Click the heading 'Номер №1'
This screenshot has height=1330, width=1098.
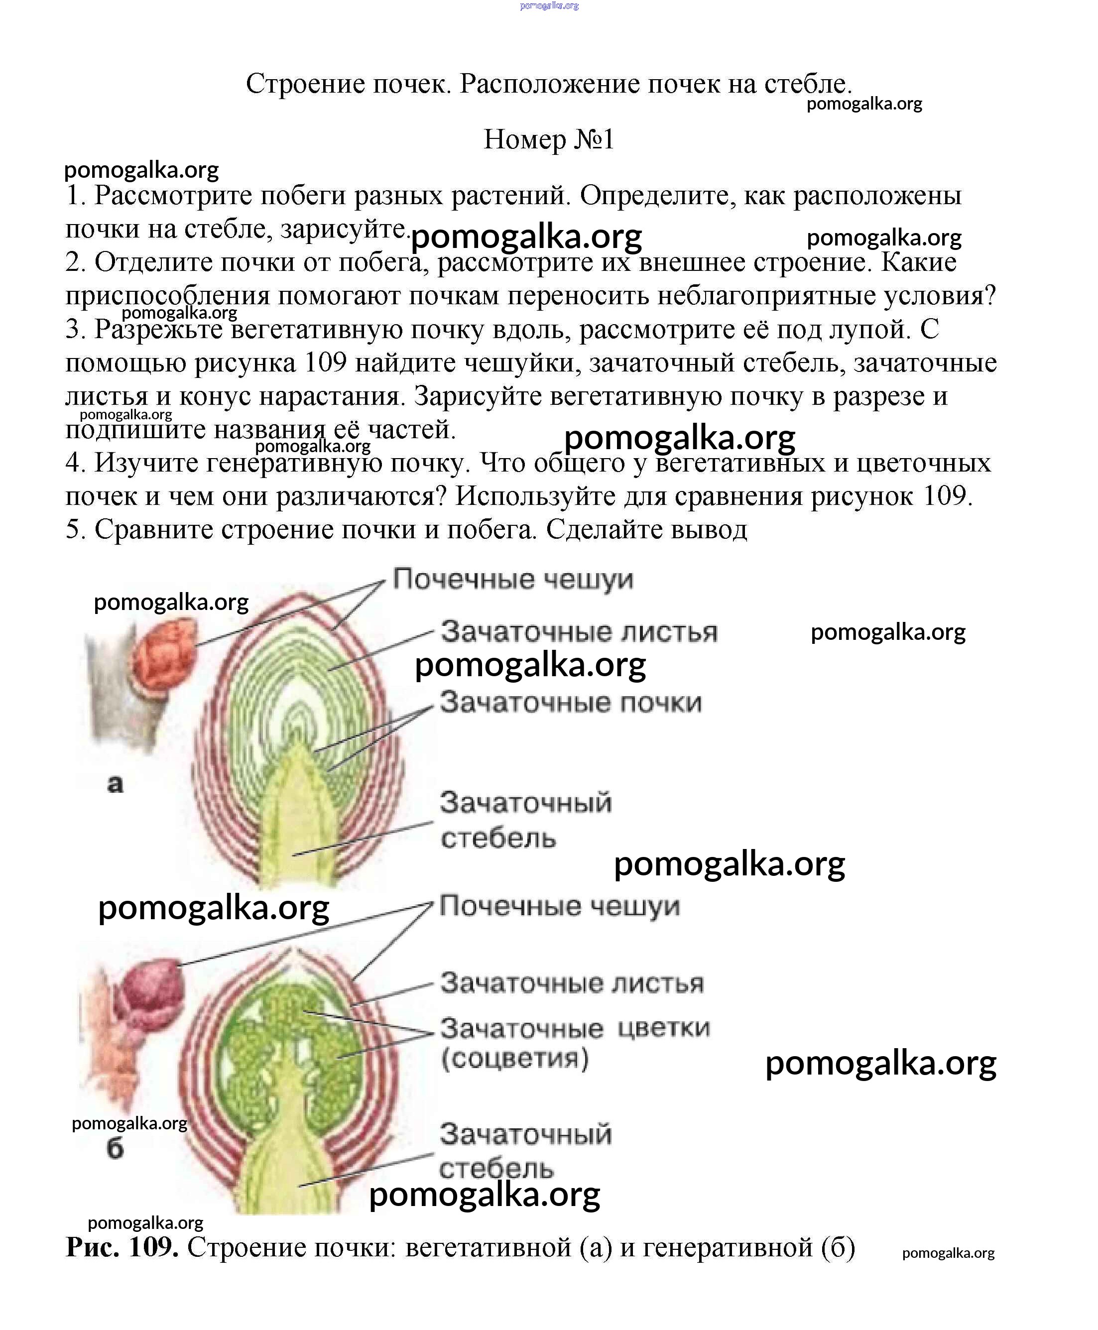[548, 139]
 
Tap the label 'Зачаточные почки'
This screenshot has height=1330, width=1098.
[571, 703]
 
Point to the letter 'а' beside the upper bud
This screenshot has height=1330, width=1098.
[115, 784]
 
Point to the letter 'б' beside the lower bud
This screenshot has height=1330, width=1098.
[115, 1148]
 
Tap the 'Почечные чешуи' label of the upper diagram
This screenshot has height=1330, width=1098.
[512, 579]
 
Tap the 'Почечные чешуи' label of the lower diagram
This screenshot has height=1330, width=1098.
[559, 906]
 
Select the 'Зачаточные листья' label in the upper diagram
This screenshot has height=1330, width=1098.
[579, 632]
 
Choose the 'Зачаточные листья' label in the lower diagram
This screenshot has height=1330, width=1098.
[572, 983]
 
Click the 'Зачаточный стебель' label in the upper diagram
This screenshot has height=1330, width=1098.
[525, 820]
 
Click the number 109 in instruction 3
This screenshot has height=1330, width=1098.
[326, 363]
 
